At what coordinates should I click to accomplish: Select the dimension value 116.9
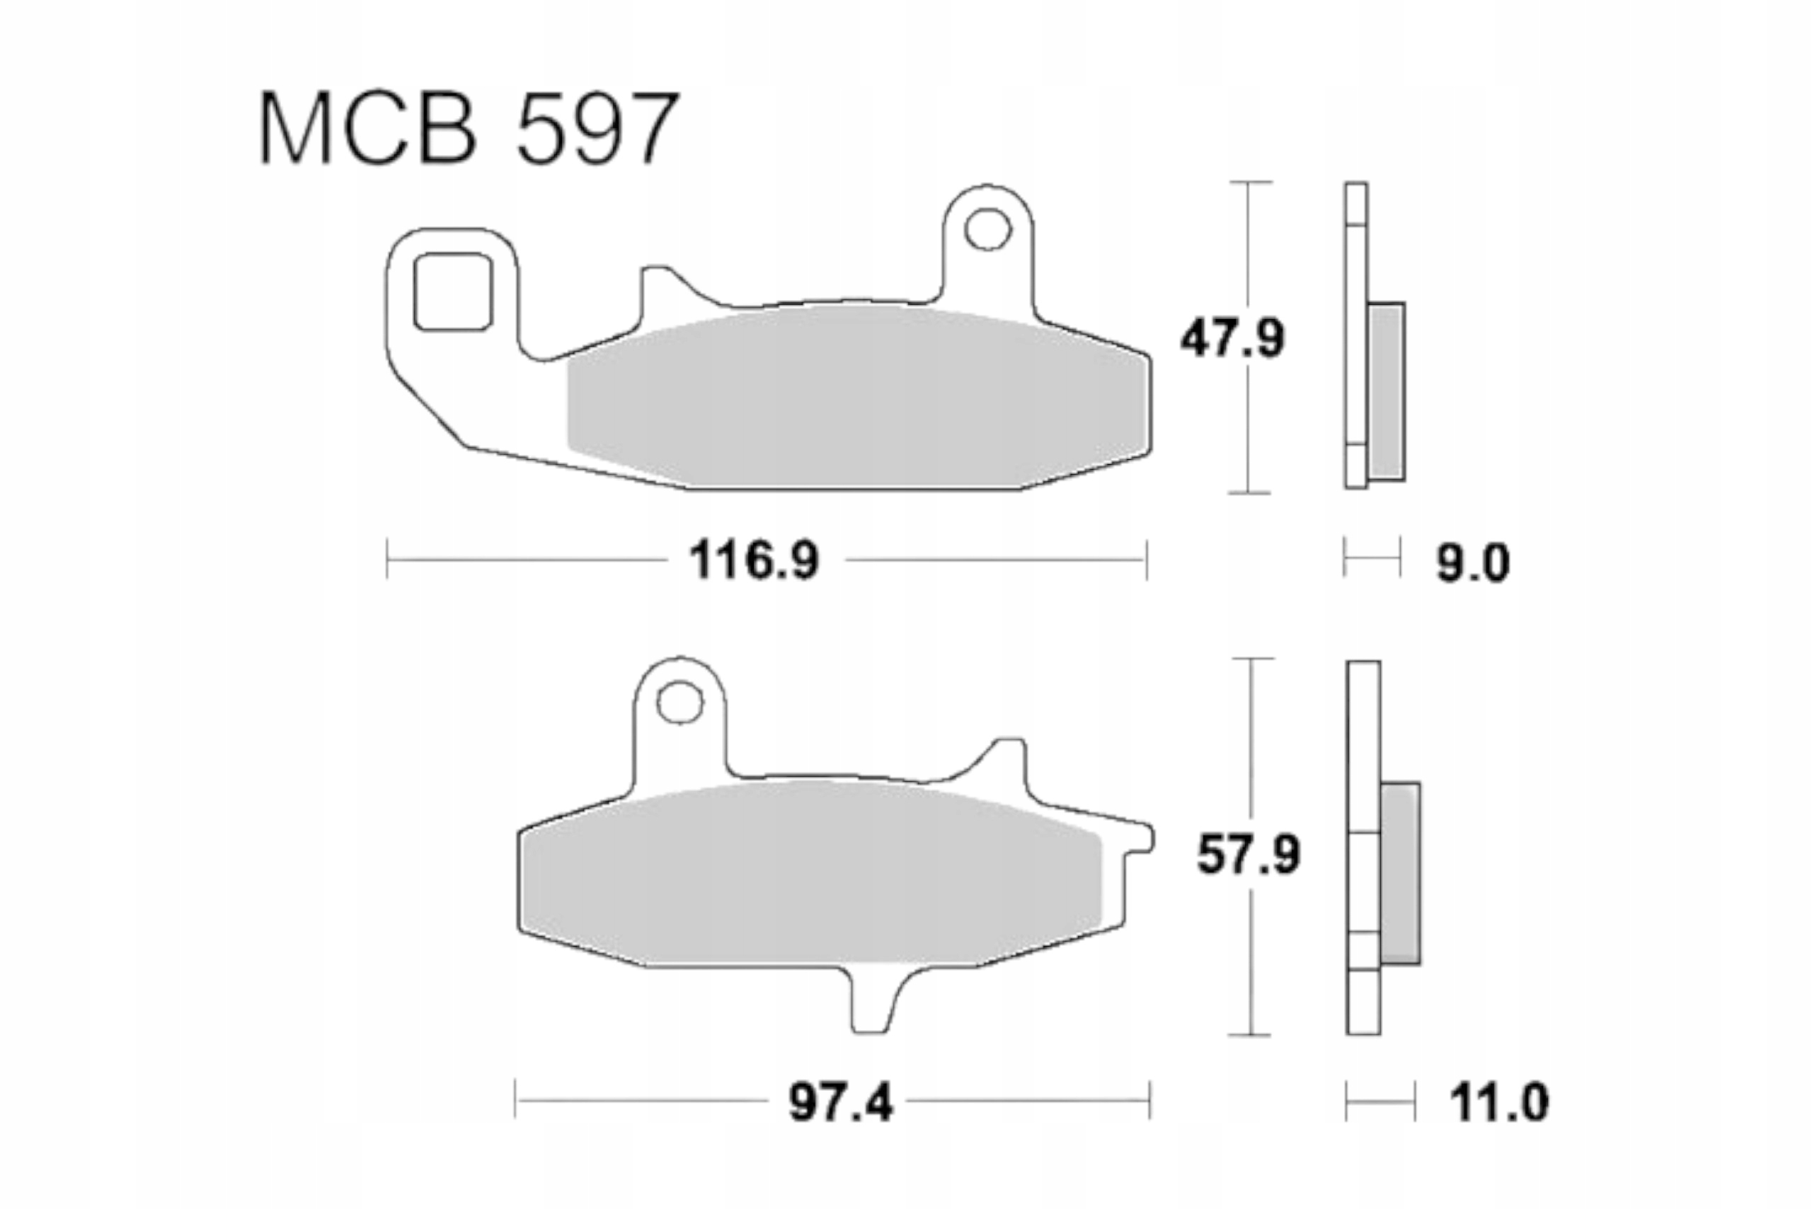point(754,560)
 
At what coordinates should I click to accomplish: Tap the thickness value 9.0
point(1472,564)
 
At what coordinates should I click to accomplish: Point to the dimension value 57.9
point(1248,855)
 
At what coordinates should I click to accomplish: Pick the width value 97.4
point(840,1104)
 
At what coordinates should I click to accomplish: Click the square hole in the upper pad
point(453,291)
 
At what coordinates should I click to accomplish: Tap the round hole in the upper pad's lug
point(988,230)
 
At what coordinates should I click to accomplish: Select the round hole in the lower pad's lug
point(679,703)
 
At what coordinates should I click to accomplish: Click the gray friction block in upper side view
point(1386,391)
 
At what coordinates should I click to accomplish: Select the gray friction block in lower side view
point(1400,873)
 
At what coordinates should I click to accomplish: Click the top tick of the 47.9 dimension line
point(1251,183)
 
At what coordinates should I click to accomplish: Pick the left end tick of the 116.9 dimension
point(387,560)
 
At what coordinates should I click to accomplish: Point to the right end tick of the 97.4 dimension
point(1149,1101)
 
